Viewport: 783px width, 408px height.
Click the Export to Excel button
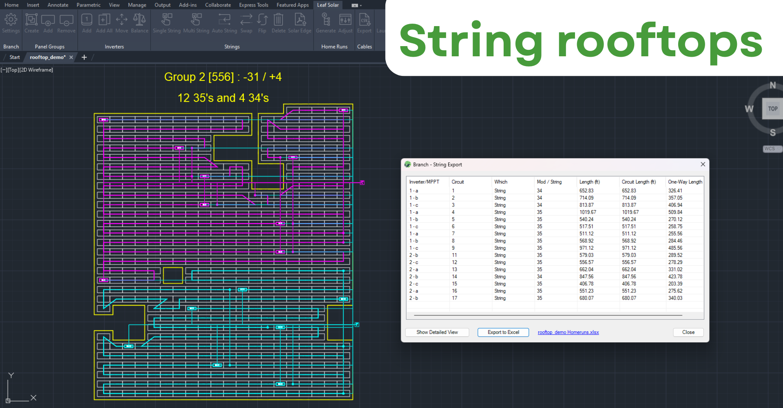tap(503, 332)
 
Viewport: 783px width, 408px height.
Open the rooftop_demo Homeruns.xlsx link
tap(568, 332)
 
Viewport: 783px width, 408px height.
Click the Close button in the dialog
tap(688, 332)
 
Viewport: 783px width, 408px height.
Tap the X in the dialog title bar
tap(703, 164)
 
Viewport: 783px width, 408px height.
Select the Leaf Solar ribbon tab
tap(328, 5)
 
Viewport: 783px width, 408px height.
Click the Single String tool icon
tap(167, 19)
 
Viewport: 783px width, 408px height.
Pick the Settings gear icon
tap(11, 19)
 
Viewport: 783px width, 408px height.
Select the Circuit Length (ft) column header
tap(639, 182)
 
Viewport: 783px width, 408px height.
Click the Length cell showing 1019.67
tap(588, 212)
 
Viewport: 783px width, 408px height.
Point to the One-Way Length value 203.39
tap(675, 284)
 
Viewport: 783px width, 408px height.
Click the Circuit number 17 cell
tap(454, 298)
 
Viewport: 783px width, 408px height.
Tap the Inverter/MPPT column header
tap(424, 182)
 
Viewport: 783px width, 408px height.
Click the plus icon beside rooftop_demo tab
tap(84, 57)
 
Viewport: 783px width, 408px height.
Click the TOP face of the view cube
tap(772, 109)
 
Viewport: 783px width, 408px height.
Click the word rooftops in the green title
tap(659, 41)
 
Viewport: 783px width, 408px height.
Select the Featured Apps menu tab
tap(292, 5)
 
